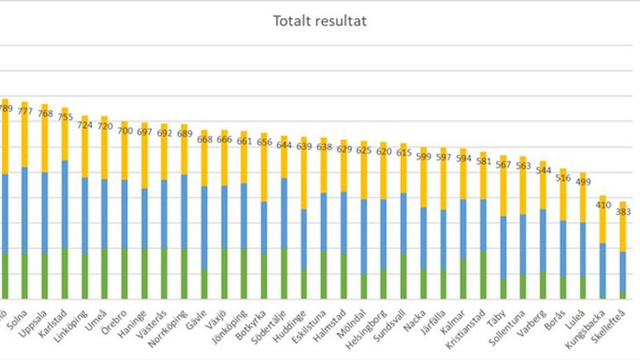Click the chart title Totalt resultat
319,21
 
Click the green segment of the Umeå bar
105,273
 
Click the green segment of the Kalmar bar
462,278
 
